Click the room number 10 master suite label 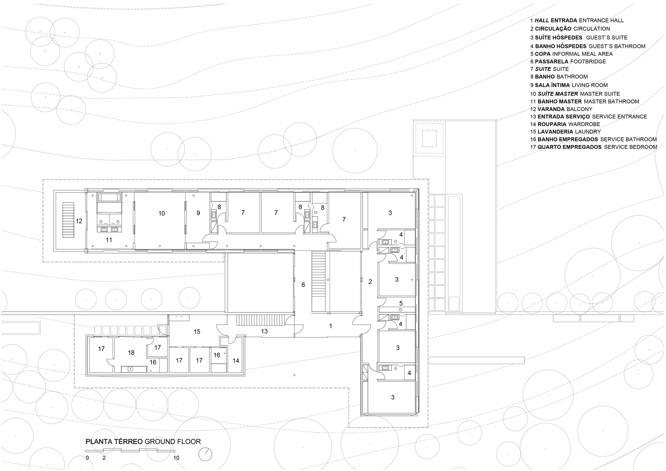pyautogui.click(x=162, y=213)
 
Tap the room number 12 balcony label pyautogui.click(x=79, y=221)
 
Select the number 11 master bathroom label pyautogui.click(x=109, y=240)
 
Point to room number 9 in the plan pyautogui.click(x=198, y=213)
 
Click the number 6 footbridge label pyautogui.click(x=303, y=285)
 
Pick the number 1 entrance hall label pyautogui.click(x=331, y=326)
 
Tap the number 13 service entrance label pyautogui.click(x=264, y=331)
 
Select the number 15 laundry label pyautogui.click(x=197, y=332)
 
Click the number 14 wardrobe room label pyautogui.click(x=236, y=360)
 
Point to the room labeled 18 pyautogui.click(x=131, y=353)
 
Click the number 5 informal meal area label pyautogui.click(x=401, y=303)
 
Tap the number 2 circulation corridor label pyautogui.click(x=370, y=282)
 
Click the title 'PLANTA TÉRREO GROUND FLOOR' pyautogui.click(x=143, y=442)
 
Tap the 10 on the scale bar pyautogui.click(x=176, y=458)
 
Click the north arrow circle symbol pyautogui.click(x=205, y=454)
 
